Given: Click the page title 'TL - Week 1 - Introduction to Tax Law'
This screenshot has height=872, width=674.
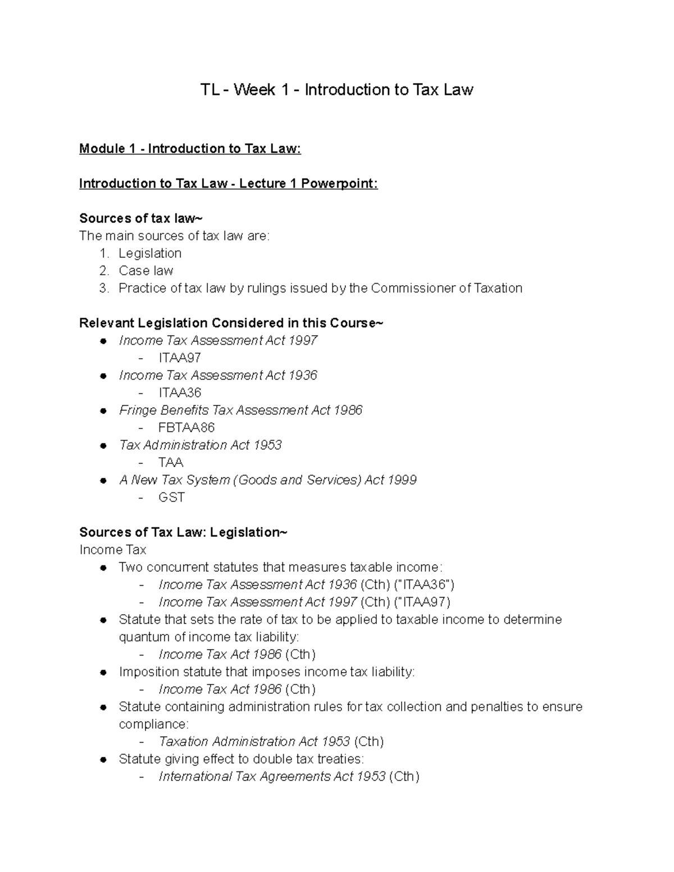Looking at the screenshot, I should click(x=337, y=90).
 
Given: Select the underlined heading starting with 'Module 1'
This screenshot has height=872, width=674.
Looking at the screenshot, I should click(x=190, y=149).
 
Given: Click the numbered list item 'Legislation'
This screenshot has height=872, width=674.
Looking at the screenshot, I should click(x=150, y=253).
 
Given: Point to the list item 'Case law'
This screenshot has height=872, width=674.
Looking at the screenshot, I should click(x=146, y=271).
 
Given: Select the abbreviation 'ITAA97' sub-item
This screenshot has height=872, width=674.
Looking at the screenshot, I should click(x=180, y=358).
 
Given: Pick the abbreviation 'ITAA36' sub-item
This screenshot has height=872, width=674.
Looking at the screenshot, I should click(x=180, y=392).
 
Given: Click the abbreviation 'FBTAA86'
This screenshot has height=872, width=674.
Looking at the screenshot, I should click(x=186, y=427).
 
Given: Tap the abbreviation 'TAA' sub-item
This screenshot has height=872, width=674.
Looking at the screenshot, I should click(x=171, y=462).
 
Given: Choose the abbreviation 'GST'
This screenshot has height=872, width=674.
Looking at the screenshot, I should click(x=171, y=497).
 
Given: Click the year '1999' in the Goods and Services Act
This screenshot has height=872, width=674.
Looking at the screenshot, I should click(x=402, y=480).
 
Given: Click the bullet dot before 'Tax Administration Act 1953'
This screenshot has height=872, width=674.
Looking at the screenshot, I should click(x=103, y=446).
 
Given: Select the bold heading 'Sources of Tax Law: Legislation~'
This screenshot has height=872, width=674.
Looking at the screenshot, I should click(x=183, y=532).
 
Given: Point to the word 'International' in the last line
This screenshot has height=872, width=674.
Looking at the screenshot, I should click(x=195, y=777).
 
